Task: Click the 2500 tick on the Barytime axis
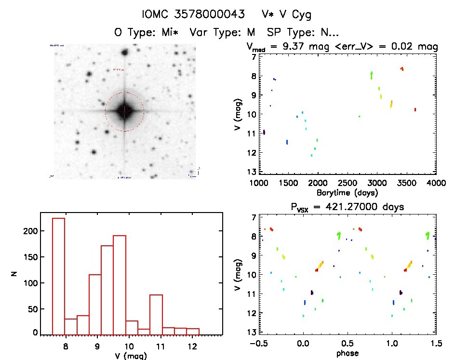(348, 183)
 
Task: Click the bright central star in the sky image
(124, 111)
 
